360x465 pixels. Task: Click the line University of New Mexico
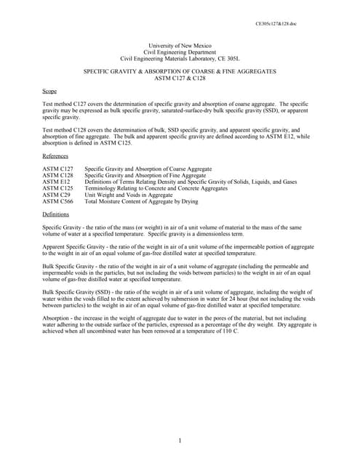pos(180,46)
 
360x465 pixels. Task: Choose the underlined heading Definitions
pos(55,215)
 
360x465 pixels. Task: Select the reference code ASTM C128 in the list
pos(57,175)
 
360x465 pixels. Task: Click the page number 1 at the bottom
pos(180,440)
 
